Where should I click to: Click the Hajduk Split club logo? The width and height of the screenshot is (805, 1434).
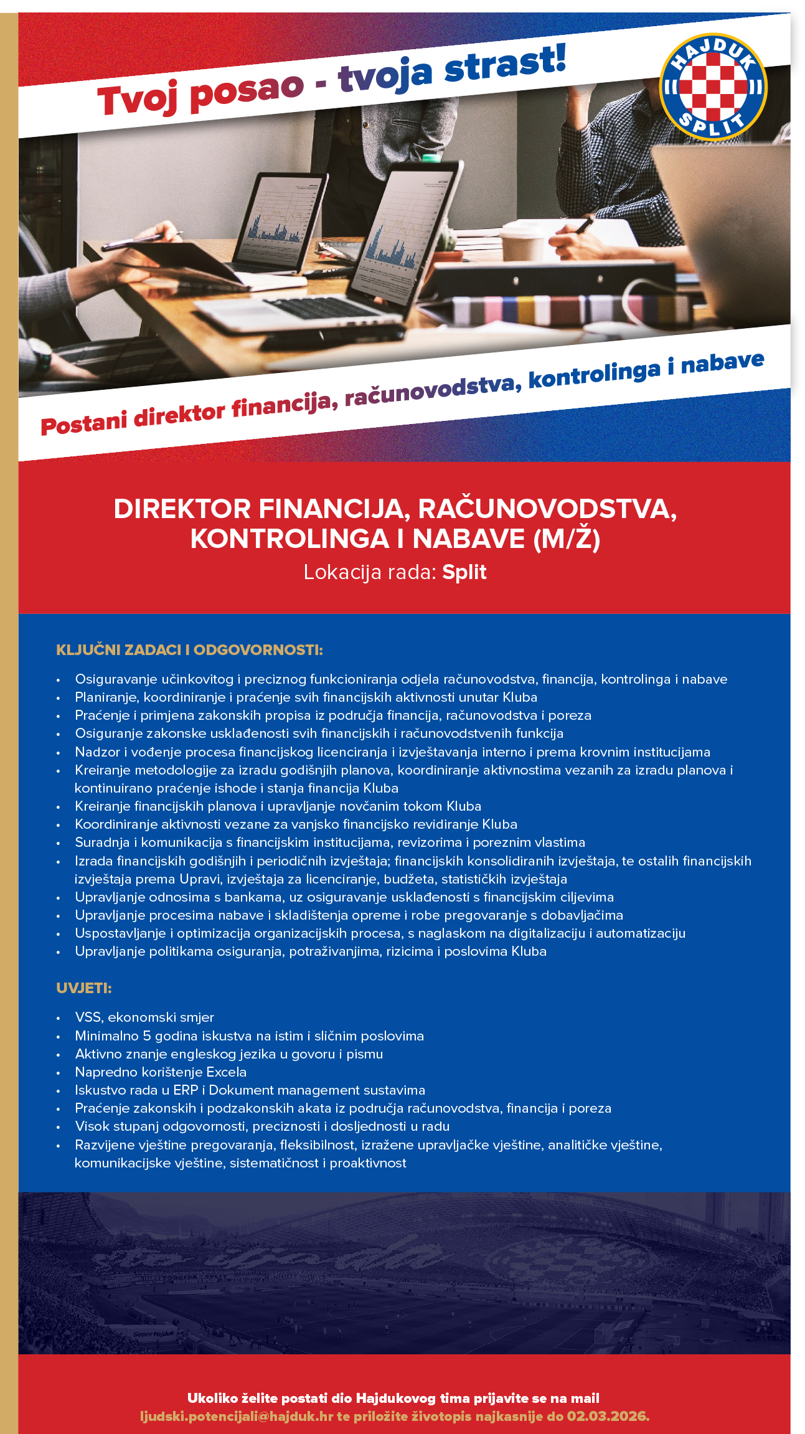coord(713,87)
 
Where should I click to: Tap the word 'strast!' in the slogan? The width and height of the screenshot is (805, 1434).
coord(505,64)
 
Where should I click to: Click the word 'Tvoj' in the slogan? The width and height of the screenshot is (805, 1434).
coord(138,98)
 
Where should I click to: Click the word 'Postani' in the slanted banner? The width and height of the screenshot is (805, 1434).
coord(84,424)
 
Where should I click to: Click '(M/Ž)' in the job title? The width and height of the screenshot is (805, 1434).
coord(567,539)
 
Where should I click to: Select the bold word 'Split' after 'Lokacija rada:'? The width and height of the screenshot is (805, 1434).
coord(464,572)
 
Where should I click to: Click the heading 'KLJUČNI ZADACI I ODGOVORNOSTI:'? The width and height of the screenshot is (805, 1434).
coord(189,650)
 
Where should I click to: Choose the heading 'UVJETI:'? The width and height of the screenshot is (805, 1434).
coord(84,988)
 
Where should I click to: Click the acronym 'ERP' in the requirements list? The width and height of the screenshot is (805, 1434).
coord(186,1090)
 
